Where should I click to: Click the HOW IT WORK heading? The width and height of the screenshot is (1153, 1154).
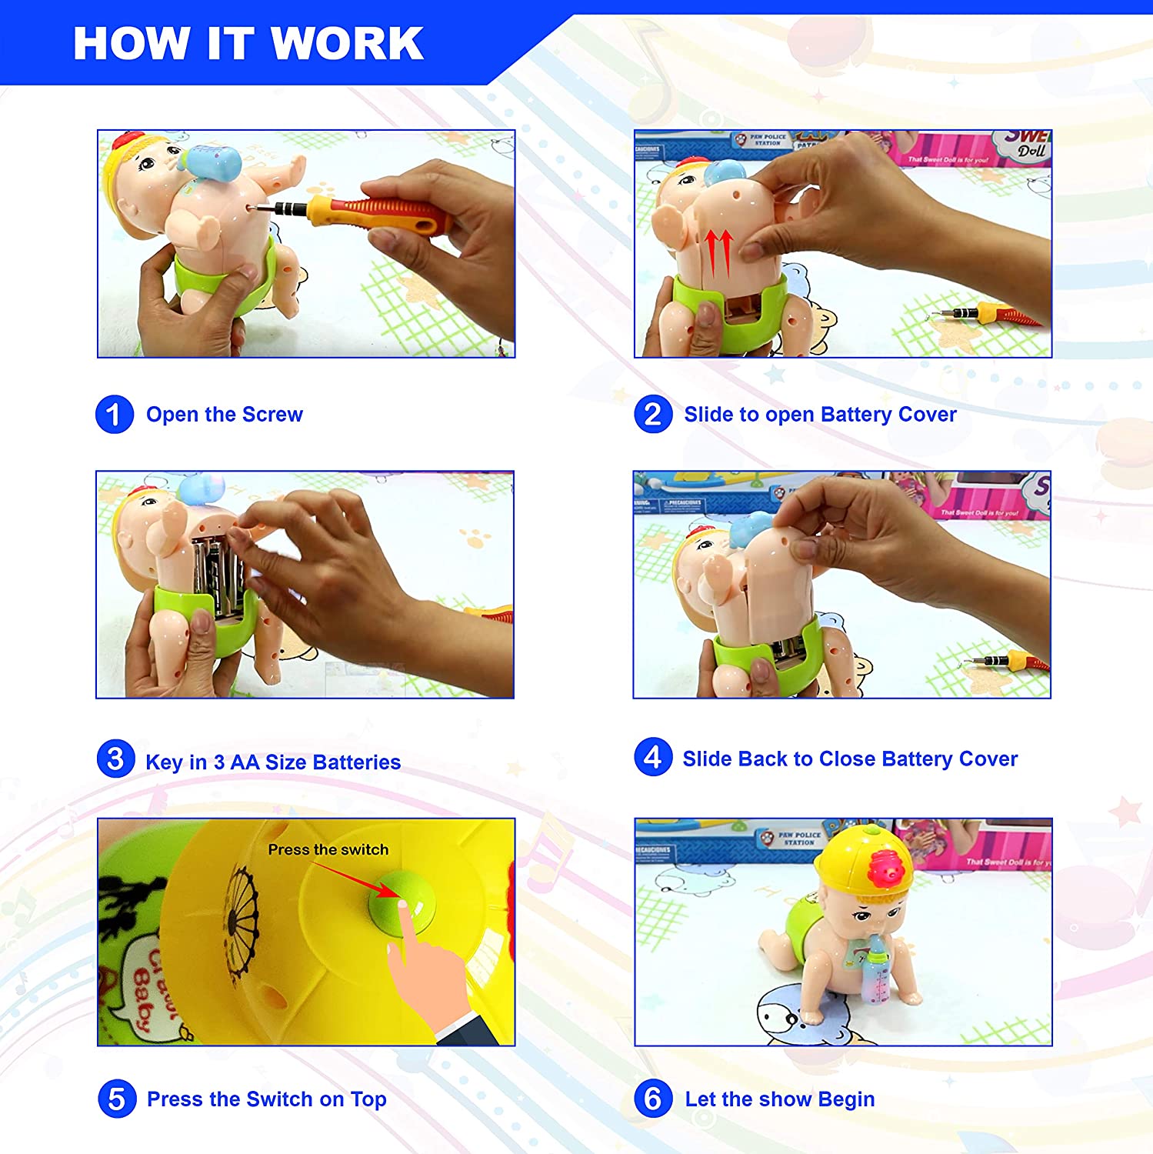[x=248, y=43]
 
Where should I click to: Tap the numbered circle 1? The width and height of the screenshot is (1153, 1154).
[x=115, y=415]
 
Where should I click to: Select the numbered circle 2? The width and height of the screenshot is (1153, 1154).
[x=653, y=415]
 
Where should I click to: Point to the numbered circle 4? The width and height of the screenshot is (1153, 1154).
[x=653, y=757]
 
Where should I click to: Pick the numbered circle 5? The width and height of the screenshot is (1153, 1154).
[x=117, y=1099]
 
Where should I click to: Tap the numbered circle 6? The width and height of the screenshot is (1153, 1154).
[x=653, y=1099]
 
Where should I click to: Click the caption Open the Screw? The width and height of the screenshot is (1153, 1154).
[x=225, y=415]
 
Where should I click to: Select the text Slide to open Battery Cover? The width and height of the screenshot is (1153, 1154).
[x=820, y=415]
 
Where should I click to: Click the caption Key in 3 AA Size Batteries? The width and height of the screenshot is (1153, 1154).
[x=273, y=762]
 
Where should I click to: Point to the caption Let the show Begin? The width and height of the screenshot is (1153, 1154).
[x=780, y=1099]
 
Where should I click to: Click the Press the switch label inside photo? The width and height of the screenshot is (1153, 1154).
[x=328, y=849]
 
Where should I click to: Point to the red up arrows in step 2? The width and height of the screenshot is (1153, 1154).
[x=718, y=252]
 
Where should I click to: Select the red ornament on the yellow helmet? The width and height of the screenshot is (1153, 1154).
[x=884, y=868]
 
